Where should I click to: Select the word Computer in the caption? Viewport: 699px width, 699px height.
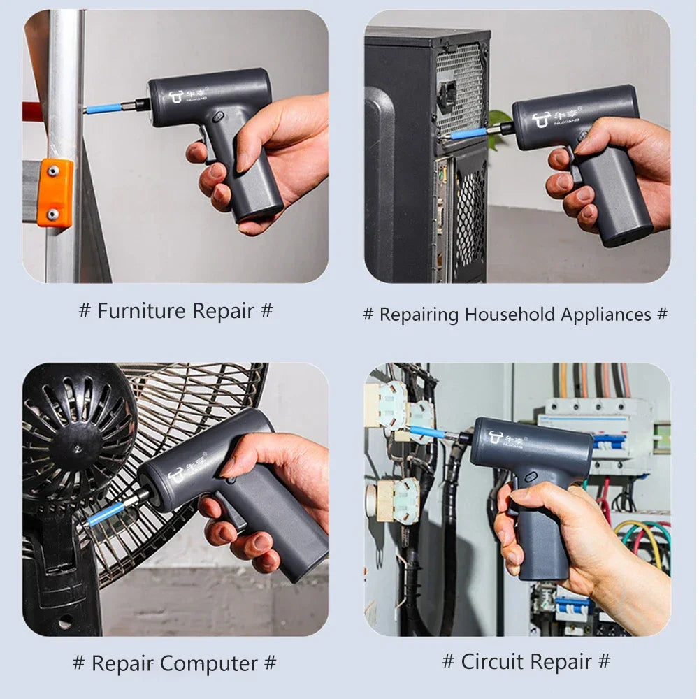(210, 663)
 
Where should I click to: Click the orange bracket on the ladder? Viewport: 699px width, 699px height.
(55, 192)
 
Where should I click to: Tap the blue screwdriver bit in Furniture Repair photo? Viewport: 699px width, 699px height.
(103, 108)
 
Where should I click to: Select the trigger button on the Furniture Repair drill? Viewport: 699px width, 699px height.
(219, 115)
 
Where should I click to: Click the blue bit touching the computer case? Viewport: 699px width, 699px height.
(468, 133)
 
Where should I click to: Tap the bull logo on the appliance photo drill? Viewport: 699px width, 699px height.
(542, 120)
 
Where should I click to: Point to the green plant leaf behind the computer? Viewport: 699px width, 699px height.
(499, 120)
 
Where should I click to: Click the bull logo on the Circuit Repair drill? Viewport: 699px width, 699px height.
(496, 438)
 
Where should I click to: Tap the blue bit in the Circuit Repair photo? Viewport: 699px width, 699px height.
(428, 432)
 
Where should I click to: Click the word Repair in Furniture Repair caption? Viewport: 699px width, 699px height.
(223, 310)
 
